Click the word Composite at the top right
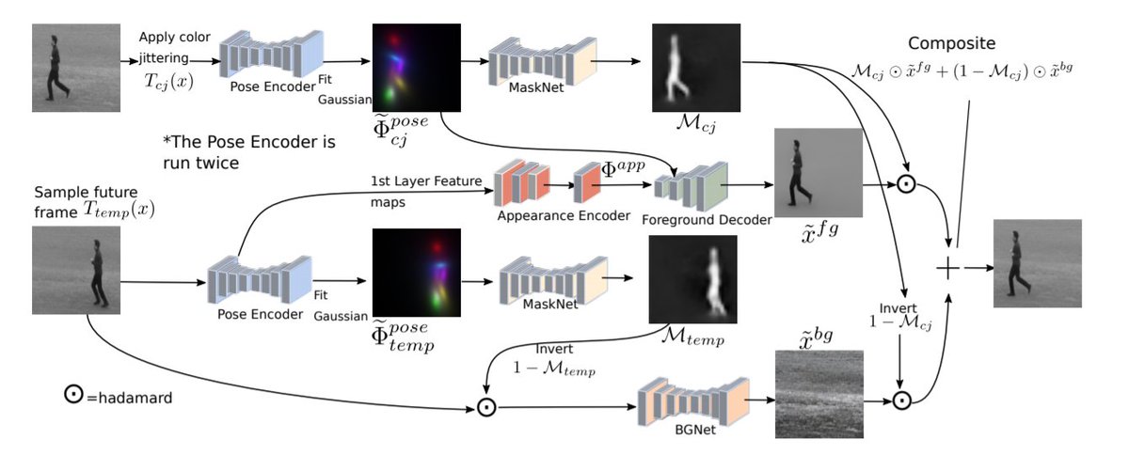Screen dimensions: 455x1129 pos(958,44)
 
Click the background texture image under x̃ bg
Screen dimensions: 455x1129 pos(818,393)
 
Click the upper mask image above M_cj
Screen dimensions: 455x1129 pos(696,69)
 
